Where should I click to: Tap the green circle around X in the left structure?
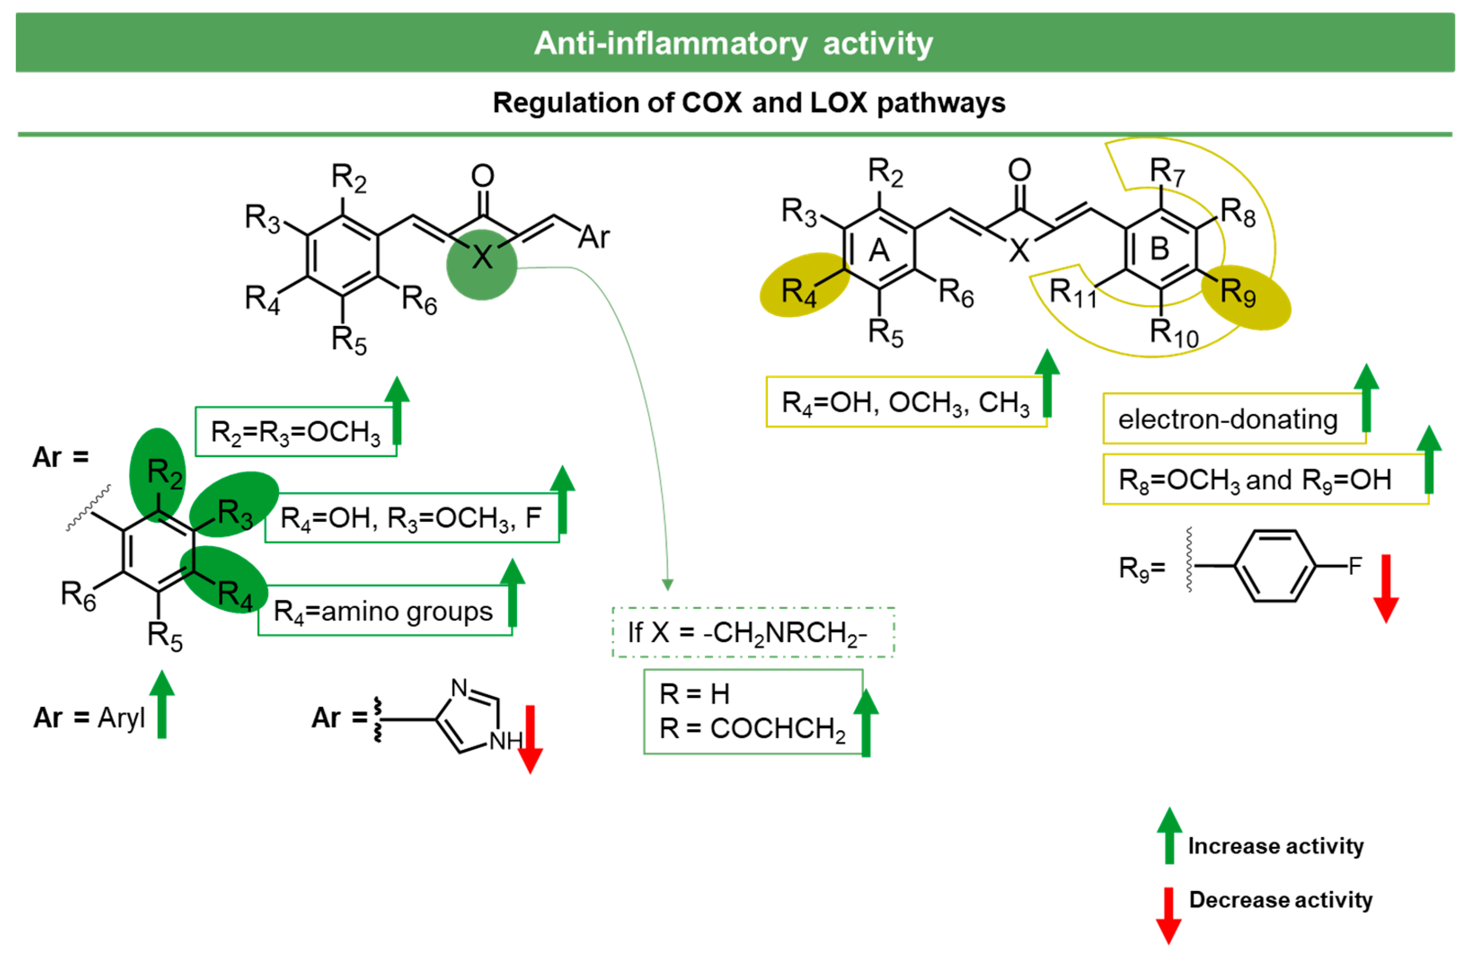(481, 264)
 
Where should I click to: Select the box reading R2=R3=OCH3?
(296, 432)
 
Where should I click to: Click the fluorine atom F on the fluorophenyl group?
(1355, 565)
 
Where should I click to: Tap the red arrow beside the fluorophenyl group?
(1386, 587)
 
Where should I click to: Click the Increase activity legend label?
(1275, 846)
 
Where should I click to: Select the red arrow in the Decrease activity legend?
(1169, 915)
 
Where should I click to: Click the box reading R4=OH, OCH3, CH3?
(905, 402)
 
